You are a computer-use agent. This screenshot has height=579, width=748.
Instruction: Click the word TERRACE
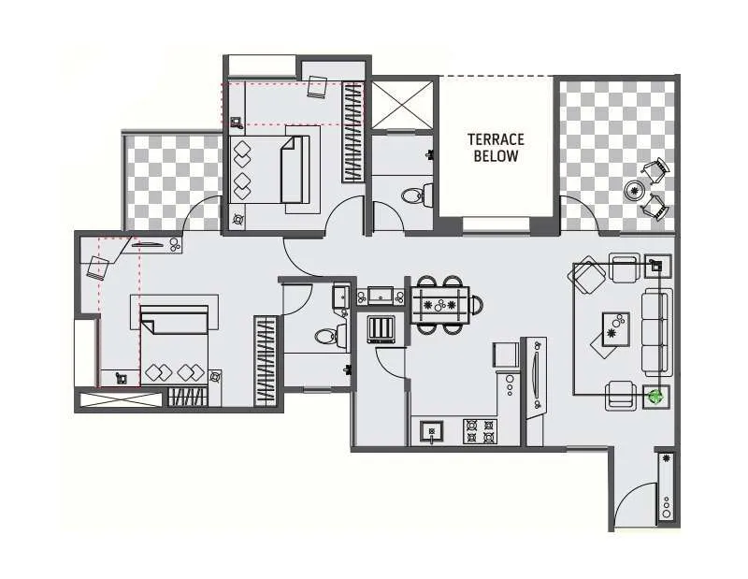click(496, 139)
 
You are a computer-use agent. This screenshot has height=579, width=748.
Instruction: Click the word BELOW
click(496, 156)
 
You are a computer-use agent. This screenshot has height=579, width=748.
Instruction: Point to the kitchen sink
click(430, 432)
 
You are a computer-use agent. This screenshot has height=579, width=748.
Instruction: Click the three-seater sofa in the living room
click(655, 333)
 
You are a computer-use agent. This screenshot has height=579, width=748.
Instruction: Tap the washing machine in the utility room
click(381, 329)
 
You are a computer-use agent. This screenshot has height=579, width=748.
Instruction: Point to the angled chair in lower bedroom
click(100, 266)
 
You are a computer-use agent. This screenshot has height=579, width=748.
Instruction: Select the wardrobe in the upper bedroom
click(352, 131)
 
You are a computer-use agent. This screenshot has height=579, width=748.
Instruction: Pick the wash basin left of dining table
click(382, 297)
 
